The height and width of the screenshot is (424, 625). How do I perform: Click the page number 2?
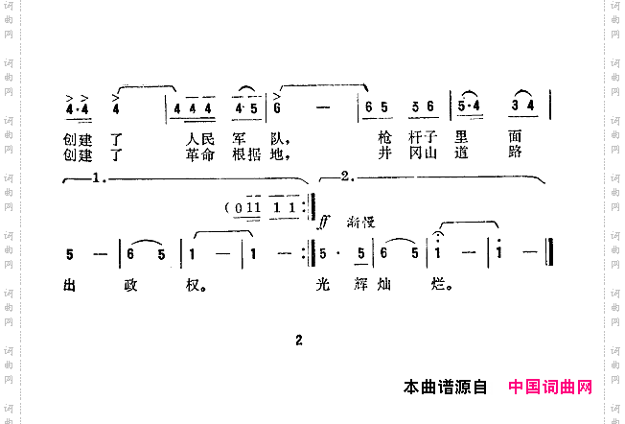(298, 340)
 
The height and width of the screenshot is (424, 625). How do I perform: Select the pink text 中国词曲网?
(550, 388)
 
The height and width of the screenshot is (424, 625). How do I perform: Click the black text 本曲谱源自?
(446, 388)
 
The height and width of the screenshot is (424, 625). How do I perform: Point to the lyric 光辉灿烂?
(380, 285)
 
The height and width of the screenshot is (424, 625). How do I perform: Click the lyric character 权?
(196, 285)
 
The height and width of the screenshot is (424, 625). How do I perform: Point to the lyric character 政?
(133, 285)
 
